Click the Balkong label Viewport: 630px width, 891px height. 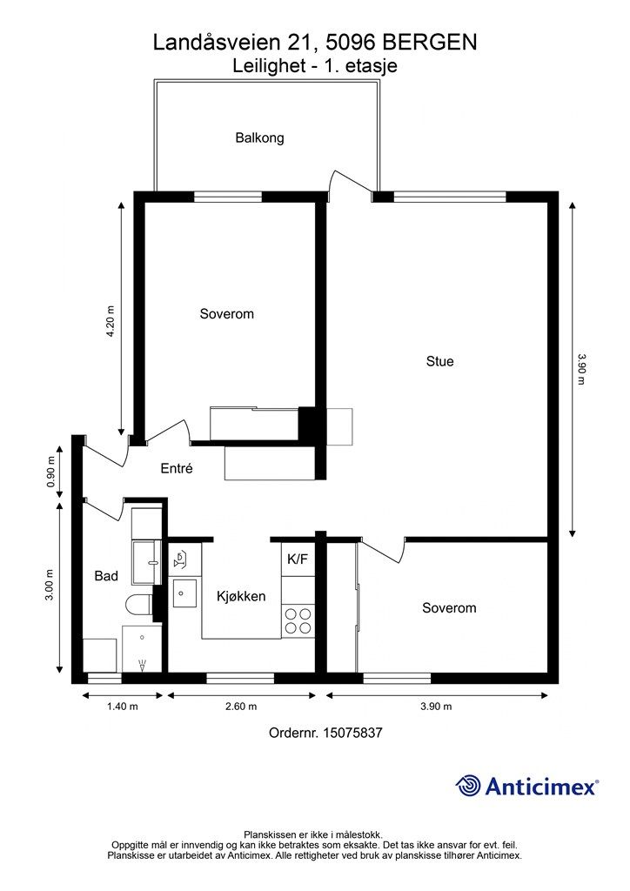coord(259,138)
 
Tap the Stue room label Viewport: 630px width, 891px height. coord(439,361)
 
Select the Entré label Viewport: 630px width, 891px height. coord(177,468)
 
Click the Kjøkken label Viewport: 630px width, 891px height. coord(241,597)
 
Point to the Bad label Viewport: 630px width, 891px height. coord(106,576)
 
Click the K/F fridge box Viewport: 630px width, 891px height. coord(298,559)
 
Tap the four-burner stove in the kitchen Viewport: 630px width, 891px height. coord(298,621)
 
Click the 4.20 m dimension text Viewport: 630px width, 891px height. coord(111,322)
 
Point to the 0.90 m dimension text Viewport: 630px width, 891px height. coord(50,472)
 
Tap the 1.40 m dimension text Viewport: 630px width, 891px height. coord(123,707)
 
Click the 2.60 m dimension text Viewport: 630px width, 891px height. coord(241,707)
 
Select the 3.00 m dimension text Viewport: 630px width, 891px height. coord(50,585)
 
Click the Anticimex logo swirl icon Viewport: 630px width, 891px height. coord(469,786)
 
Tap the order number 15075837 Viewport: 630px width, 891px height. coord(352,733)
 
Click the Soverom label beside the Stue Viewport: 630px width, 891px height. coord(226,314)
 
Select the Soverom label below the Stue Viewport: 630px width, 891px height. coord(449,608)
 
